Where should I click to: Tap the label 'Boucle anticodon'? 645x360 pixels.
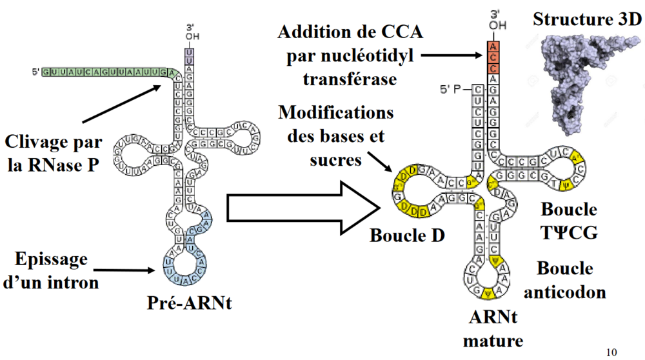tap(564, 280)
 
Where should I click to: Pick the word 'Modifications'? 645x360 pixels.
tap(336, 112)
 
